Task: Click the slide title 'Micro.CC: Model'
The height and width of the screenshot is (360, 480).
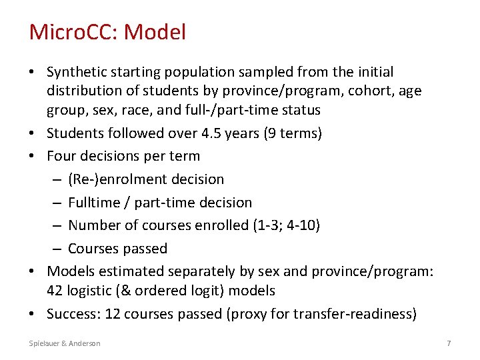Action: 107,31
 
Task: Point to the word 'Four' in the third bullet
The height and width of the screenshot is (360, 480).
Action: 61,156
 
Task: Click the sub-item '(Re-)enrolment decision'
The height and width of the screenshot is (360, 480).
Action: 146,179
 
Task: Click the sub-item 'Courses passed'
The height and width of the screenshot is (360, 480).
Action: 117,249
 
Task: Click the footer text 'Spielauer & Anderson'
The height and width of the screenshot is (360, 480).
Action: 65,343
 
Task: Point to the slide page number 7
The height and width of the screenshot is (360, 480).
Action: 449,343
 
